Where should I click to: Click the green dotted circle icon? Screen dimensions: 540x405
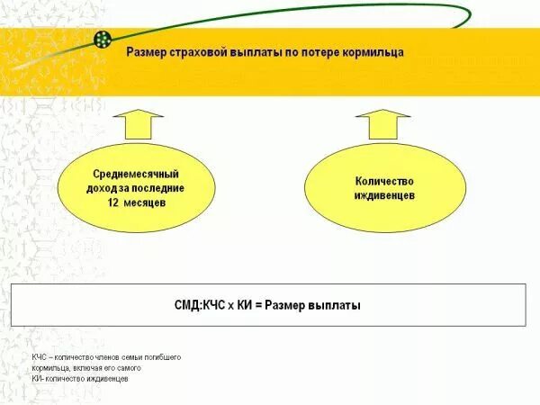(x=103, y=40)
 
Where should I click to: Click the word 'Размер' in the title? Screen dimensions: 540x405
(x=144, y=52)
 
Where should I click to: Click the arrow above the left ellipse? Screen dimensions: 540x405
(x=138, y=122)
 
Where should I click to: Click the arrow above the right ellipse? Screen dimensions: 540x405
(x=382, y=122)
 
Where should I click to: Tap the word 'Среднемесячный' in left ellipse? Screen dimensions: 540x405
(x=136, y=174)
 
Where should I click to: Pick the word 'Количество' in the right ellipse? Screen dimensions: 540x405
(x=384, y=181)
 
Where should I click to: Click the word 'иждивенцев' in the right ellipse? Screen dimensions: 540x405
(x=384, y=195)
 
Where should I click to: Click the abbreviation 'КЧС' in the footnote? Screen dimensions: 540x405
(x=39, y=357)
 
